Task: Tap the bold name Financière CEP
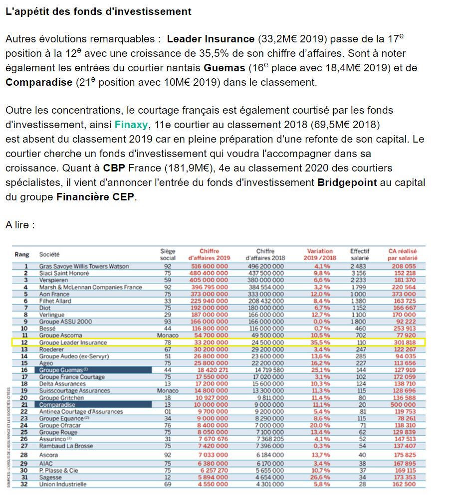[x=95, y=197]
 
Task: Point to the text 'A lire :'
[x=20, y=225]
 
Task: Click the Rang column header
[x=22, y=255]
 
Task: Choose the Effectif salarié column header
[x=359, y=255]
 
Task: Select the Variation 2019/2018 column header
[x=320, y=255]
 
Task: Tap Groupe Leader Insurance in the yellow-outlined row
[x=73, y=342]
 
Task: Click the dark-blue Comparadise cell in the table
[x=95, y=405]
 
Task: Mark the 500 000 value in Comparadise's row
[x=405, y=405]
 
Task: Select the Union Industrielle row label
[x=64, y=484]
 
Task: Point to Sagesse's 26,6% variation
[x=321, y=477]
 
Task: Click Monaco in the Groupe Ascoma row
[x=168, y=335]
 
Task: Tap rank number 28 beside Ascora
[x=23, y=455]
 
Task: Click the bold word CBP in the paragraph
[x=114, y=168]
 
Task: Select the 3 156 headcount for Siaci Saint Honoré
[x=359, y=273]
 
